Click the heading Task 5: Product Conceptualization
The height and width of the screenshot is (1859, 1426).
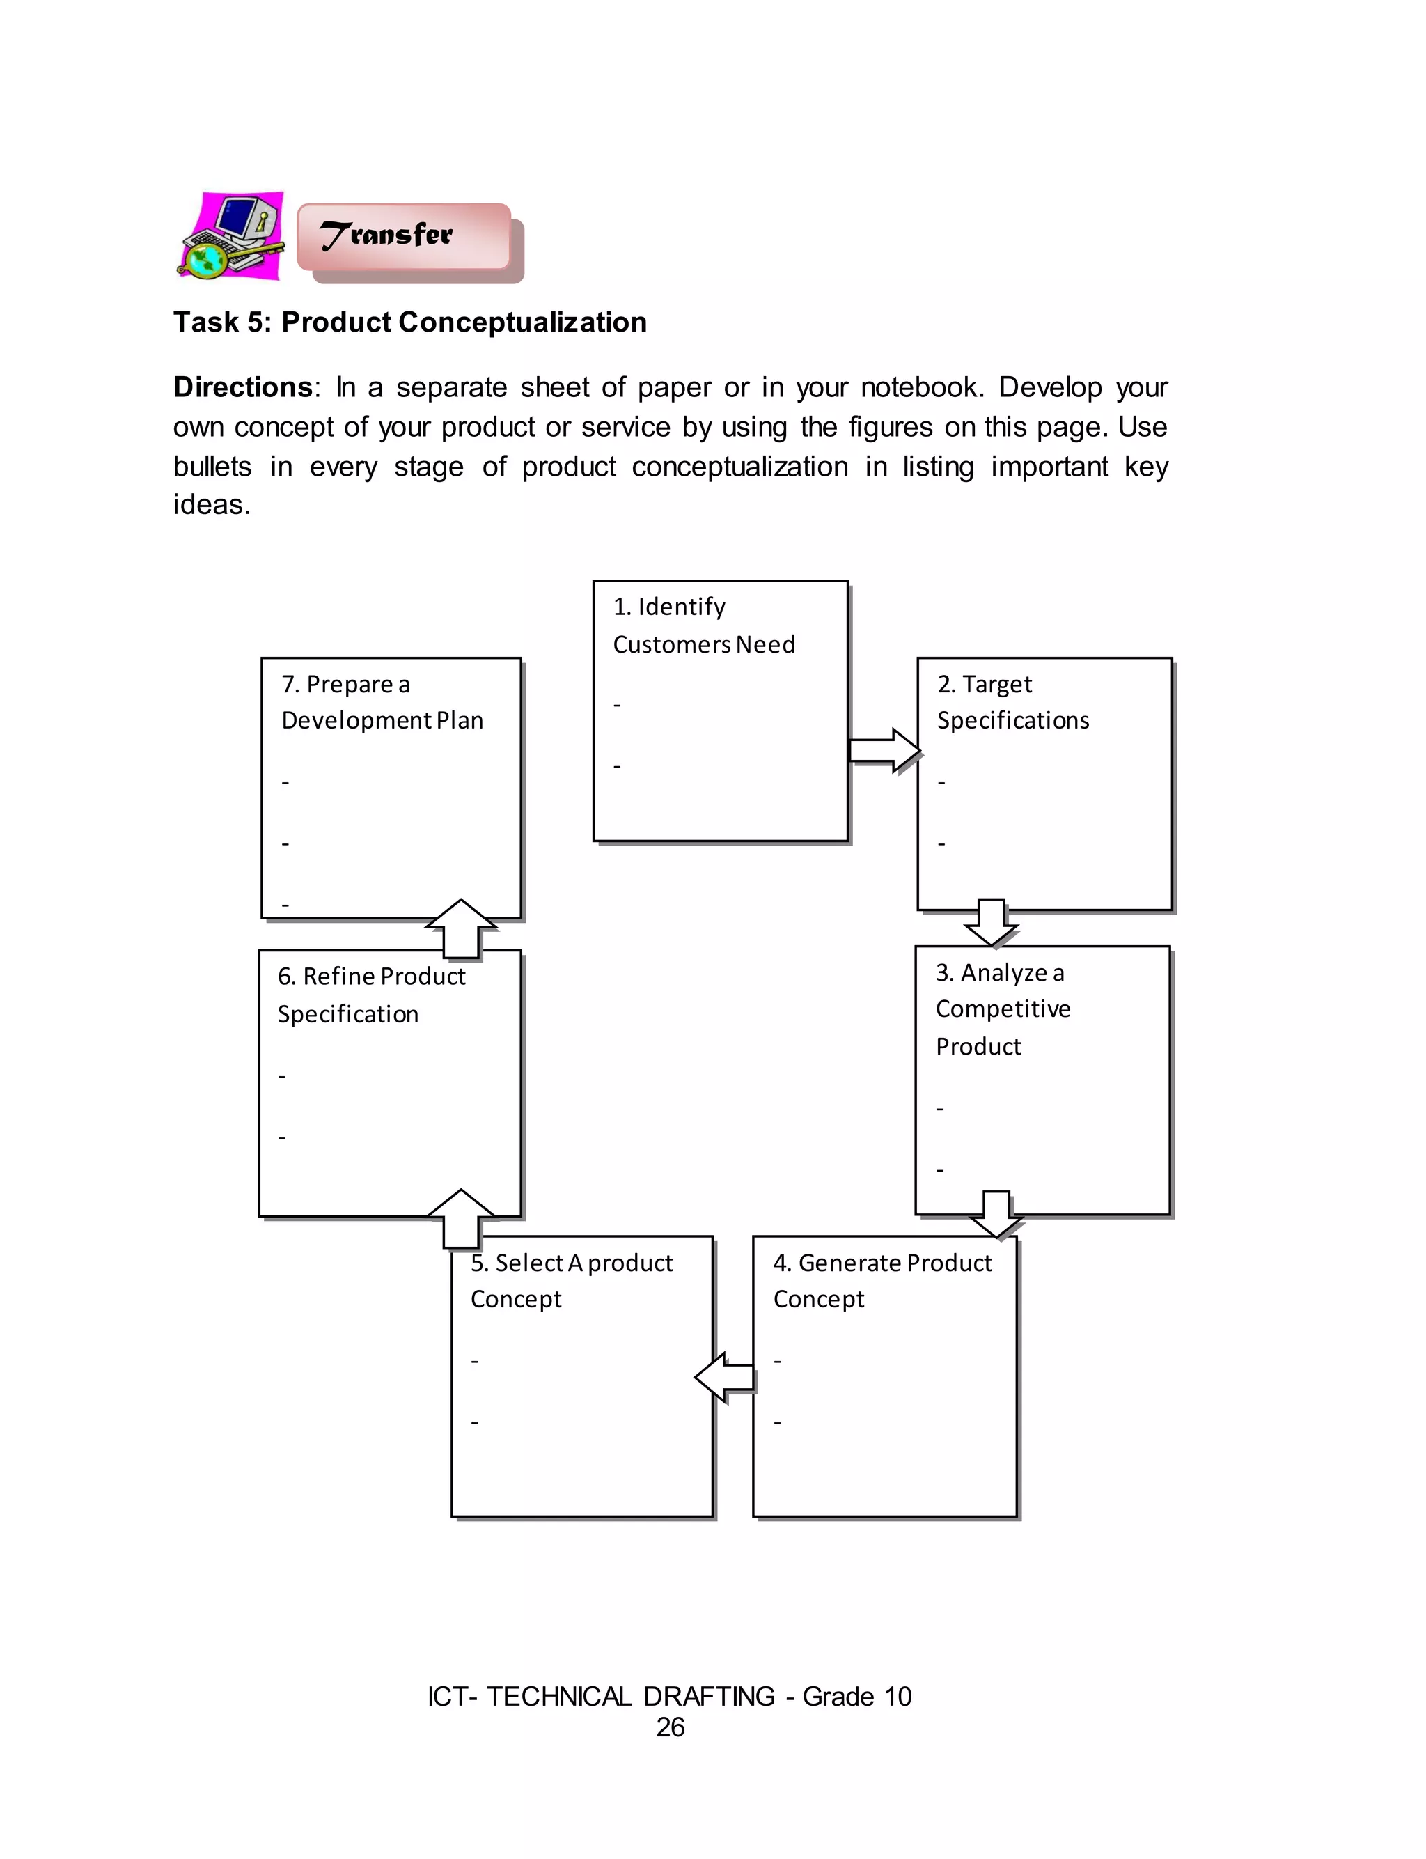[x=410, y=322]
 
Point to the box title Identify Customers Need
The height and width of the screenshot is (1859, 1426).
[x=704, y=625]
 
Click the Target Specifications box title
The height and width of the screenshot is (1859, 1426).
[x=1012, y=702]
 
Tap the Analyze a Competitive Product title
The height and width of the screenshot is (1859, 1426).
[x=1003, y=1009]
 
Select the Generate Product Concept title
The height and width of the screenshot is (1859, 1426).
[x=882, y=1280]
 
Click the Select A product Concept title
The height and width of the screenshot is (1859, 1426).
[x=571, y=1280]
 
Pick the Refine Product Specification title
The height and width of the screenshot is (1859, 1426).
[x=371, y=994]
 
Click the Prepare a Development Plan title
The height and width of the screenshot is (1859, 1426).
[x=382, y=702]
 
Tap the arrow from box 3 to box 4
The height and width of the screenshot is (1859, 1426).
[x=996, y=1214]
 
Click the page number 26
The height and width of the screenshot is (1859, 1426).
[x=670, y=1727]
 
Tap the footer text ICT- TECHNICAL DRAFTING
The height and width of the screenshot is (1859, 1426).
[x=601, y=1696]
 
